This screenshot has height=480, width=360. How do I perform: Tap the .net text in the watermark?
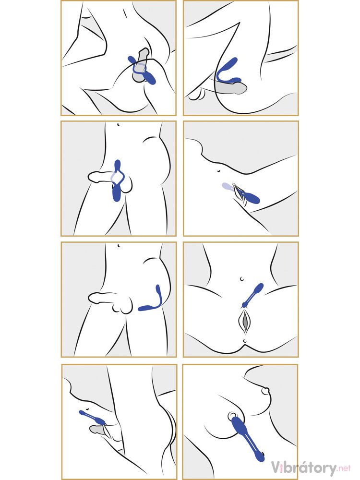(344, 468)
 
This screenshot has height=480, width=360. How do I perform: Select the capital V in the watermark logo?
(276, 468)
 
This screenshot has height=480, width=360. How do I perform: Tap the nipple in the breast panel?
(265, 391)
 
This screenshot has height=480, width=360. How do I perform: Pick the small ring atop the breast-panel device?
(233, 416)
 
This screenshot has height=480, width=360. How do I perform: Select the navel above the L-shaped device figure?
(118, 245)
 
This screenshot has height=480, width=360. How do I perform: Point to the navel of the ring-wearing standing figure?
(118, 124)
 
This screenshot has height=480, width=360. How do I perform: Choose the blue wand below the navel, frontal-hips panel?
(252, 296)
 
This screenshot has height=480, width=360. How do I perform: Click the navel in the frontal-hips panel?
(242, 279)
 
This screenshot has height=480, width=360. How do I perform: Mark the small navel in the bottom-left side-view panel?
(87, 408)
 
